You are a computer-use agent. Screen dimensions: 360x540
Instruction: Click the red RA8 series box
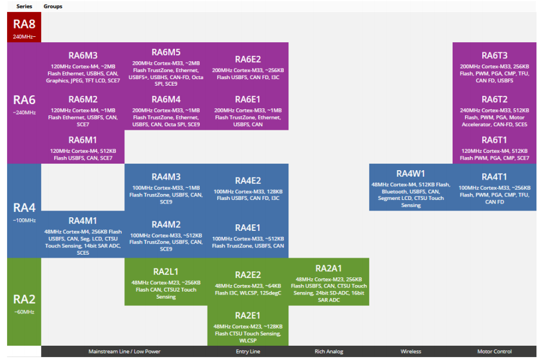24,27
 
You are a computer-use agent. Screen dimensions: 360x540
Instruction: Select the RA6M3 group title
83,56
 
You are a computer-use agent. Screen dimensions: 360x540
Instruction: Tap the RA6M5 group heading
166,52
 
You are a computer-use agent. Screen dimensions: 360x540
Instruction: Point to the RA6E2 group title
248,60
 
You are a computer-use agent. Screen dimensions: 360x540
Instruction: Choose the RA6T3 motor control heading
494,56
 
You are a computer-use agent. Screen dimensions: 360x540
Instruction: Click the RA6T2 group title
494,99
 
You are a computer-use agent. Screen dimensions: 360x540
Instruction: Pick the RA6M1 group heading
83,140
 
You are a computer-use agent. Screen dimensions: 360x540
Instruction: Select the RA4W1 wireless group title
411,174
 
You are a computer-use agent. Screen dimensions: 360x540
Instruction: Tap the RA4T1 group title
494,177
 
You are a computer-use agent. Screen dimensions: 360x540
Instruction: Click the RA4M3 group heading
166,177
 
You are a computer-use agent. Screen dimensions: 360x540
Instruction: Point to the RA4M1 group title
83,221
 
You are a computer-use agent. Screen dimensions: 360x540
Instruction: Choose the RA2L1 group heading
166,271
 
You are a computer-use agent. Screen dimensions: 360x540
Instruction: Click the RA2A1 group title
329,268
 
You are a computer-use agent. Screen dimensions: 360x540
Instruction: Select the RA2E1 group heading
248,315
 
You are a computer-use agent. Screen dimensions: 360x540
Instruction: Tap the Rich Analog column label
329,352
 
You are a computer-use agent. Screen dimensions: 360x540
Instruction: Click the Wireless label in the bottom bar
411,352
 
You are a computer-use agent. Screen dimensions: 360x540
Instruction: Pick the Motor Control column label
494,352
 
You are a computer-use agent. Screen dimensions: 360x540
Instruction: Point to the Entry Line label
248,352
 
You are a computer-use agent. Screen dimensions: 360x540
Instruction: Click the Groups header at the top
53,7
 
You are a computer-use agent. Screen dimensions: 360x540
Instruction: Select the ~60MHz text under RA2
24,312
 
